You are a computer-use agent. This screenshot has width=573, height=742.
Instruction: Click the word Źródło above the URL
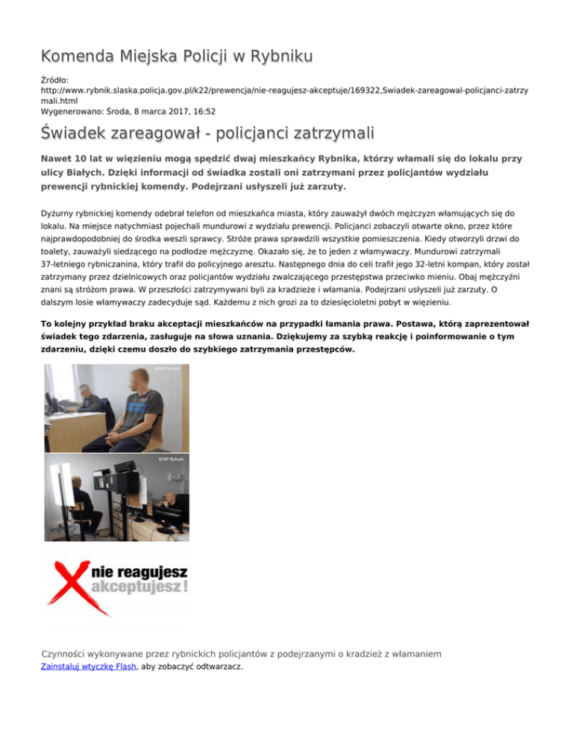coord(53,77)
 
